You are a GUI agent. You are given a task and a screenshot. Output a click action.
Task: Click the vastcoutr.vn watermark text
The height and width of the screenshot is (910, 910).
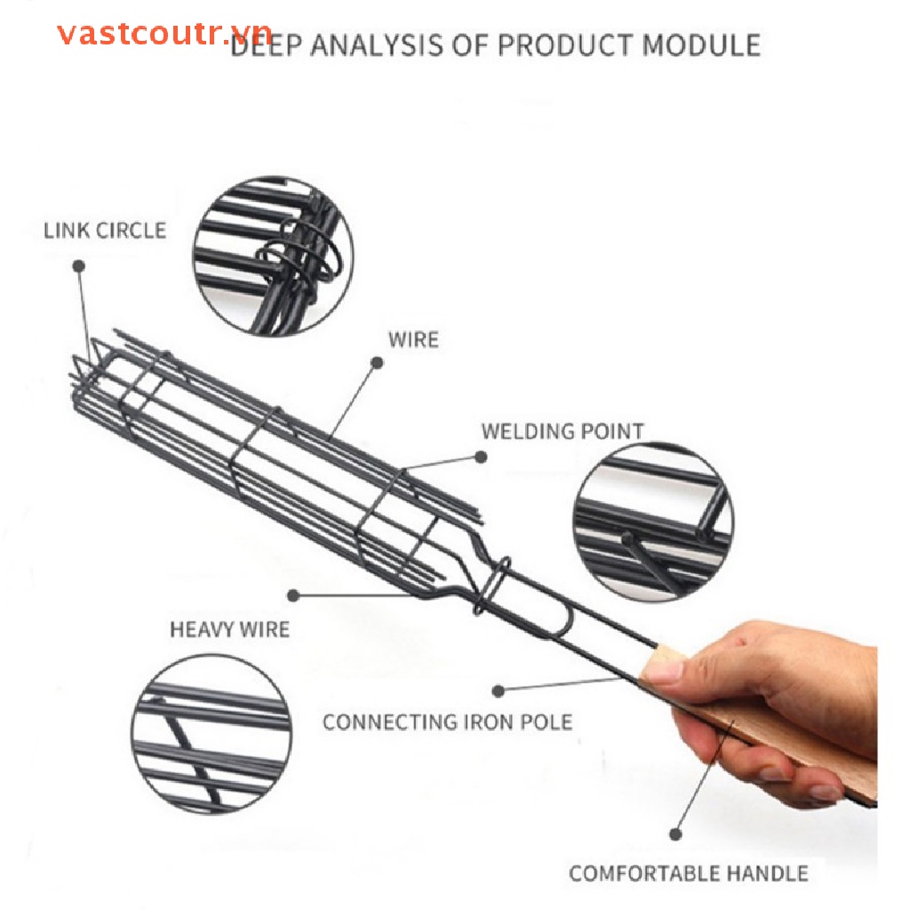(x=164, y=35)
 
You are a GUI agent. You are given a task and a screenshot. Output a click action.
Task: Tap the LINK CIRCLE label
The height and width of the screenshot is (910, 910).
(x=105, y=230)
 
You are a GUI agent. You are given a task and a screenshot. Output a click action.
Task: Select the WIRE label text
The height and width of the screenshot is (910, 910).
(x=413, y=339)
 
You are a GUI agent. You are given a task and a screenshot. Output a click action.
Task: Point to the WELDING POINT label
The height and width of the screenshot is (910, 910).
(x=563, y=431)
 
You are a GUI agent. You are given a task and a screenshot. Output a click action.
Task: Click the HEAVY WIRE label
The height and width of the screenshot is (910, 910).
(x=230, y=629)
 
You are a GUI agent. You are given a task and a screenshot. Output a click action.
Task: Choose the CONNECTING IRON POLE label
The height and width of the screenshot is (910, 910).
(x=448, y=722)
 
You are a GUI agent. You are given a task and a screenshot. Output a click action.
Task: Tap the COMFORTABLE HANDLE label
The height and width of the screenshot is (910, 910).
(x=689, y=874)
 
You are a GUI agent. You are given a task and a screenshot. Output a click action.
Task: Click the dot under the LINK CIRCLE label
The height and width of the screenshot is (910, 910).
(x=79, y=266)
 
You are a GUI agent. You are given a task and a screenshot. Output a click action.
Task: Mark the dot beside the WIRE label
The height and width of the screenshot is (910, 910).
(x=377, y=363)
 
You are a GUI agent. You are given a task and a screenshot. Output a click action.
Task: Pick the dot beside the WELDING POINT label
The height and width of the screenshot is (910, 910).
(x=481, y=457)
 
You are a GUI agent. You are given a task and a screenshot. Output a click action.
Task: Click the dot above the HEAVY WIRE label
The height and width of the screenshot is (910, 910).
(x=293, y=595)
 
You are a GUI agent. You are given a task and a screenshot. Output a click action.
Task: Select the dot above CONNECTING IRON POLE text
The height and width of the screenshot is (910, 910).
(x=498, y=690)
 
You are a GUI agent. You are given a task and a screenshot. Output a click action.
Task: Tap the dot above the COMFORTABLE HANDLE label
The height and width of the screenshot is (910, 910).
(x=675, y=834)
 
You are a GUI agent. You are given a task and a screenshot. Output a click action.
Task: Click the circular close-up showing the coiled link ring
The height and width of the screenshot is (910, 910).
(x=273, y=256)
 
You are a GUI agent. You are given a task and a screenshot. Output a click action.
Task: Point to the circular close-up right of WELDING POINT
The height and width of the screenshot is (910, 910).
(x=653, y=523)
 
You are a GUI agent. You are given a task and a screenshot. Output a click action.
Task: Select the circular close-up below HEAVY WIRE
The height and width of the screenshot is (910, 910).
(x=212, y=733)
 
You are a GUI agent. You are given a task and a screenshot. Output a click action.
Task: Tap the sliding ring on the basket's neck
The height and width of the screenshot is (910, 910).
(x=492, y=586)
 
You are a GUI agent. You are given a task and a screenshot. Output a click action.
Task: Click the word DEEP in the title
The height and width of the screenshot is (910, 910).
(x=265, y=45)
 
